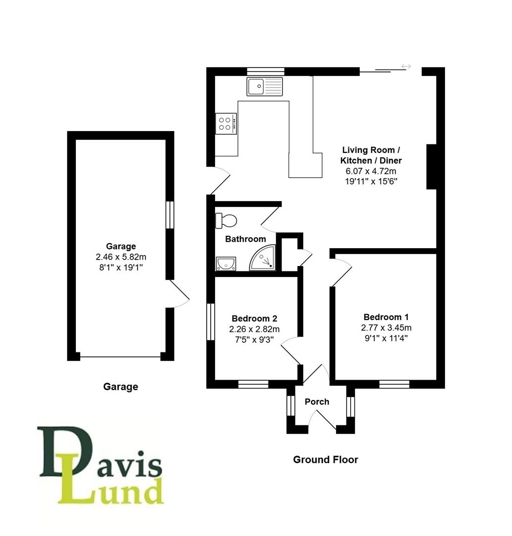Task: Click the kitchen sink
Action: click(x=265, y=86)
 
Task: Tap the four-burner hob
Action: click(x=226, y=124)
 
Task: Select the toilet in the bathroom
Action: click(x=226, y=220)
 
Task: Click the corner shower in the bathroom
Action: click(x=263, y=258)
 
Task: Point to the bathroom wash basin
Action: click(x=226, y=264)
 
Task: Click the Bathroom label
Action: click(x=245, y=239)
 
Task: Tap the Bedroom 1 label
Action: click(x=386, y=317)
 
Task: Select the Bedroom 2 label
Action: click(x=254, y=319)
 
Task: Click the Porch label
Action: click(x=317, y=402)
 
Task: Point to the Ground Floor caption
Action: click(x=326, y=460)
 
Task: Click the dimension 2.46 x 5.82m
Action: click(x=121, y=257)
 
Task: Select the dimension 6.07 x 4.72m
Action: click(x=371, y=171)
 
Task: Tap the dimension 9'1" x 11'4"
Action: click(x=386, y=338)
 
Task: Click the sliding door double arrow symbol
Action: click(x=406, y=67)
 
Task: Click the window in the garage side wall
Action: click(x=170, y=215)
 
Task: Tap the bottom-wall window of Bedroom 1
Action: click(x=394, y=384)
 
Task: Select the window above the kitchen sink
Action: click(x=266, y=71)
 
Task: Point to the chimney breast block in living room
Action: click(x=431, y=166)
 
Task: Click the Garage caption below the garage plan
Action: click(x=120, y=387)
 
